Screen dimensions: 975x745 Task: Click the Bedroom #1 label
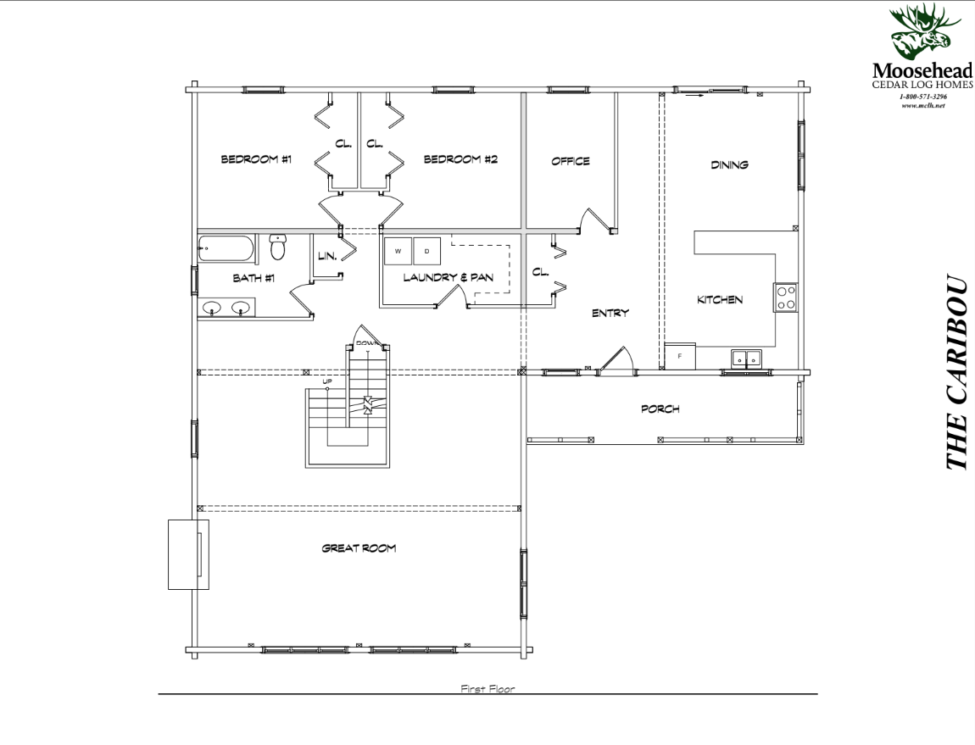[x=256, y=159]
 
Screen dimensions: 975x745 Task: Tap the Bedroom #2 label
[x=460, y=159]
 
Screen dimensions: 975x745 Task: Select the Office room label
[x=570, y=162]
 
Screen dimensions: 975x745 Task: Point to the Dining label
[x=729, y=165]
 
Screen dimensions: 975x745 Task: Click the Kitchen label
[x=720, y=300]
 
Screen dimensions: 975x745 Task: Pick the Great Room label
[x=359, y=548]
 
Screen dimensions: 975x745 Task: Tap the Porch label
[x=660, y=409]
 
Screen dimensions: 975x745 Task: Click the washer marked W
[x=398, y=252]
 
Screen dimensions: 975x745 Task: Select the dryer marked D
[x=427, y=252]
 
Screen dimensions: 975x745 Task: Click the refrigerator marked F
[x=679, y=356]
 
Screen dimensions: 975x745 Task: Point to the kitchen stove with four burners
[x=785, y=297]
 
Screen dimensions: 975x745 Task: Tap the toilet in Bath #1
[x=278, y=247]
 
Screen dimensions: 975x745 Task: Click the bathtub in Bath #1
[x=226, y=249]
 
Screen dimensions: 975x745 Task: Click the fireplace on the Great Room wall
[x=188, y=554]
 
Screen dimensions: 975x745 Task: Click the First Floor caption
[x=487, y=689]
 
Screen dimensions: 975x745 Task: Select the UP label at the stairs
[x=326, y=382]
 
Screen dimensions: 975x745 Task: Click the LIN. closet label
[x=326, y=255]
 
